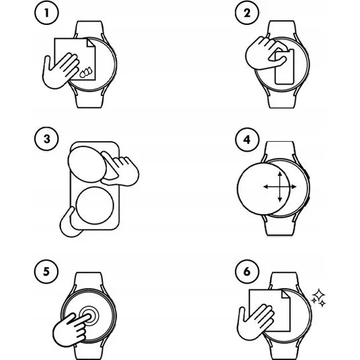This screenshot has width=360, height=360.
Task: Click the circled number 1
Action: [x=46, y=13]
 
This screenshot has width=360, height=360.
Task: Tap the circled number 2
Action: [x=247, y=13]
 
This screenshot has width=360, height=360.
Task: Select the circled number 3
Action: [x=46, y=139]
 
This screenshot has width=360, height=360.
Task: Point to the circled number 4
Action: [x=247, y=140]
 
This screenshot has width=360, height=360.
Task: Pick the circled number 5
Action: [x=46, y=271]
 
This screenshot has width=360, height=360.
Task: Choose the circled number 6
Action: [x=247, y=271]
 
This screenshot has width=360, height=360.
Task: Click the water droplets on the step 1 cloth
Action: [x=86, y=72]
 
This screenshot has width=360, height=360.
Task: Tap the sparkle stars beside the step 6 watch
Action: [x=318, y=298]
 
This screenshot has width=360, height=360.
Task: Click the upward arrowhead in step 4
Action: [x=280, y=174]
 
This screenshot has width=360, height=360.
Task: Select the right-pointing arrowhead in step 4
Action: [x=294, y=187]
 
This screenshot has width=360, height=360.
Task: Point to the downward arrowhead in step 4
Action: [x=280, y=199]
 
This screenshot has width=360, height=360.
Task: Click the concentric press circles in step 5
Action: [x=89, y=316]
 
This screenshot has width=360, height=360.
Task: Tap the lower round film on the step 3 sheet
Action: [x=95, y=206]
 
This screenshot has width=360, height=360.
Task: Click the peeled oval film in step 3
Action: [x=87, y=164]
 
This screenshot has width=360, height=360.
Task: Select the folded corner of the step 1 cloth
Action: [x=91, y=43]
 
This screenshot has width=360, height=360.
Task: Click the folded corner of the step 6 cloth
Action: [x=286, y=294]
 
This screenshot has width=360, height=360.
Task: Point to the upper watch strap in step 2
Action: [x=281, y=30]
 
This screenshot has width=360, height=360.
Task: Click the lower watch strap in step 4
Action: [x=279, y=226]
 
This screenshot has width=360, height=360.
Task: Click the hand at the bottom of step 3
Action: [x=69, y=224]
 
